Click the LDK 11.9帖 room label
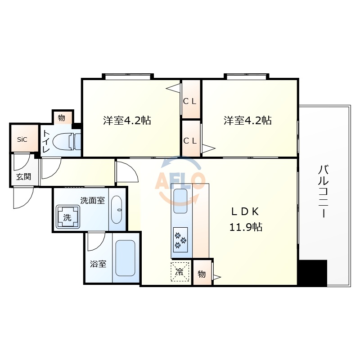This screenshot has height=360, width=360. tap(245, 219)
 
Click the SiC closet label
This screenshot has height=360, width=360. tap(22, 139)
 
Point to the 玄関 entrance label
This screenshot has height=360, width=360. tap(23, 177)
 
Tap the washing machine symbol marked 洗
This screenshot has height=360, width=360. tap(67, 218)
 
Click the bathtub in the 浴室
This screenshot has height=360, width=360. tap(125, 258)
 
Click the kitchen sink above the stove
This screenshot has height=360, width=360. tap(180, 201)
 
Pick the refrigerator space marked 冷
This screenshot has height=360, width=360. tap(180, 271)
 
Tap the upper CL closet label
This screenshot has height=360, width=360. tap(190, 101)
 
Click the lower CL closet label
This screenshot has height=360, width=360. tap(190, 140)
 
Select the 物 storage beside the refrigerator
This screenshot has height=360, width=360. tap(202, 274)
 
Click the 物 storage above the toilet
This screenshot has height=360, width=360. tap(62, 118)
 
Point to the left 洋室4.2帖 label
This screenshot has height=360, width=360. tap(127, 121)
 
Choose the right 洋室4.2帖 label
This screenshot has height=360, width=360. tap(248, 121)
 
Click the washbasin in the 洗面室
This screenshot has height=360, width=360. tap(117, 209)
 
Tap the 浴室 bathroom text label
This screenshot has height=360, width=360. tap(98, 264)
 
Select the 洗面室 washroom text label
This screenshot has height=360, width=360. tap(92, 201)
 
